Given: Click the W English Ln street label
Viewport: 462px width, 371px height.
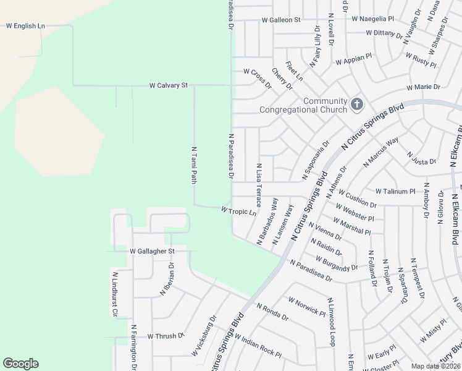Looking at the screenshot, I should [25, 26].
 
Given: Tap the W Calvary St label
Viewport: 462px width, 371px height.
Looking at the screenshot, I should [168, 85].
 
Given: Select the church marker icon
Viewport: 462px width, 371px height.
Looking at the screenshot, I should [357, 104].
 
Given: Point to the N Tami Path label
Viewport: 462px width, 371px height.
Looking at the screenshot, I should [193, 165].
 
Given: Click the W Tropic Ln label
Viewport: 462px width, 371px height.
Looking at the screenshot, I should [238, 211].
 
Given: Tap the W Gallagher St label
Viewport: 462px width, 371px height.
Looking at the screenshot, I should [153, 251].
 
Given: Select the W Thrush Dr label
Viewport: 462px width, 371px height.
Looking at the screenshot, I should [166, 336].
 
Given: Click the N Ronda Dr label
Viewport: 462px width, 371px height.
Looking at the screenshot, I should [272, 312].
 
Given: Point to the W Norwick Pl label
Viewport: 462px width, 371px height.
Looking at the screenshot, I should [306, 305].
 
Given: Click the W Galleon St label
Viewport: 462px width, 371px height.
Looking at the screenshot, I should [281, 20].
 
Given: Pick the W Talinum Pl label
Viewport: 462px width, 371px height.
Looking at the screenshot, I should [395, 192].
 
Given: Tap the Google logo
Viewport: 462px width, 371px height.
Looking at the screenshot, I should [20, 364].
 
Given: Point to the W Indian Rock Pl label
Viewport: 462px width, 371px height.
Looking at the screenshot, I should [258, 346].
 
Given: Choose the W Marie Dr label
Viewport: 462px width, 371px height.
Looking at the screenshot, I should [423, 87].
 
